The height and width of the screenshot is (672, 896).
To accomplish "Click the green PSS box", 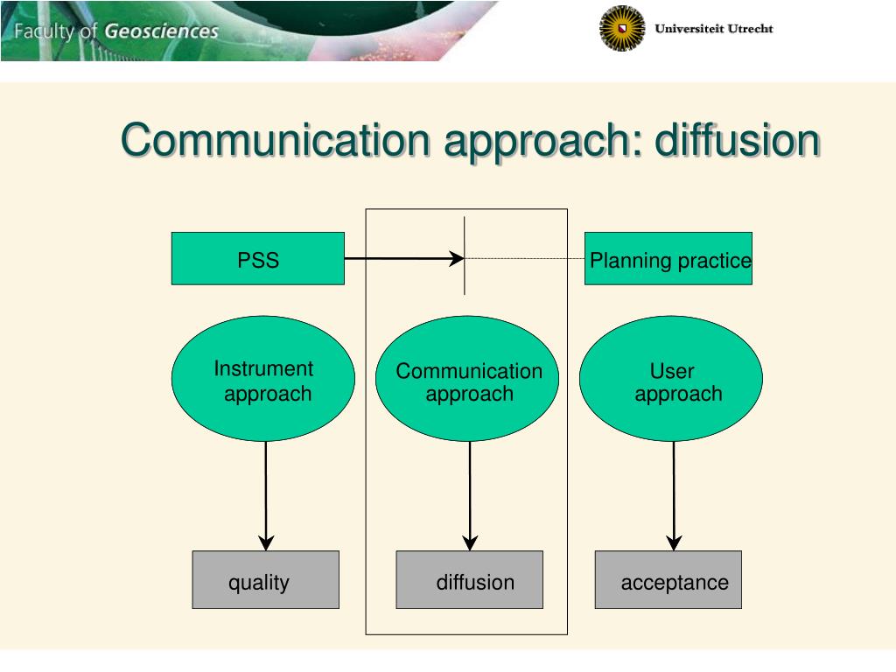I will coord(257,258).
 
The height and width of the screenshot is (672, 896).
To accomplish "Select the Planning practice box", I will coord(668,258).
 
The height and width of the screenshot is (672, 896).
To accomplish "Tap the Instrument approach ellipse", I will coord(262,379).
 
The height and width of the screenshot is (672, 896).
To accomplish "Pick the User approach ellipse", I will coord(671,379).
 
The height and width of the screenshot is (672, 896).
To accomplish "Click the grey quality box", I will coord(265,579).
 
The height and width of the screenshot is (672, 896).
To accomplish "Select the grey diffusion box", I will coord(469,579).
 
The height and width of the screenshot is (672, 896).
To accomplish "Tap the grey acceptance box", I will coord(668,579).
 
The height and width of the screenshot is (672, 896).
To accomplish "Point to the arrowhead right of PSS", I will coord(457,258).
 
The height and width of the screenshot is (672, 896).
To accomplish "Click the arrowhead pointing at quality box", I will coord(267,542).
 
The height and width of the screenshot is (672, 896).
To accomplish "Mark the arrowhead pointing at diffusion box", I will coord(470,542).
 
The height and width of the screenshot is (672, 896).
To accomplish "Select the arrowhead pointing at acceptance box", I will coord(675,542).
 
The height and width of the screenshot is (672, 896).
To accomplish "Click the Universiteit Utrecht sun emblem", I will coord(622,28).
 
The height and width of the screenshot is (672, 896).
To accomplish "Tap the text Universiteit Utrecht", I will coord(714,29).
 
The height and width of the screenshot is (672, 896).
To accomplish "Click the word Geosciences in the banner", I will coord(161,31).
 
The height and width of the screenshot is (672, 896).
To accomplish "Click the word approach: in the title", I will coord(543,143).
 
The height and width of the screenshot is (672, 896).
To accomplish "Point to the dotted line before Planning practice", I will coord(525,258).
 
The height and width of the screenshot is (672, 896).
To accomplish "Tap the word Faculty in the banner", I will coord(45,32).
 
